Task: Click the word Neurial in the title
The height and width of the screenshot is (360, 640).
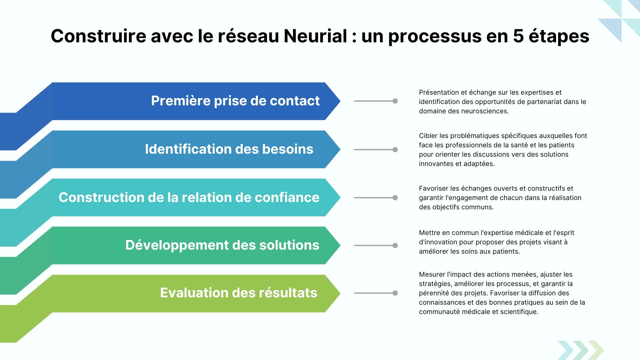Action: tap(315, 36)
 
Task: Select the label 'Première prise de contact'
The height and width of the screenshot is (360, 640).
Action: tap(235, 101)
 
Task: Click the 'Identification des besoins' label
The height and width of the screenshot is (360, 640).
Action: tap(229, 149)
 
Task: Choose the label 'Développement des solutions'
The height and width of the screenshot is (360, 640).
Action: tap(222, 245)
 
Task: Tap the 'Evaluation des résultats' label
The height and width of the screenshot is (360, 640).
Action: tap(239, 293)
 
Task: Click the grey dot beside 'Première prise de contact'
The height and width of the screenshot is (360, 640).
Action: tap(395, 101)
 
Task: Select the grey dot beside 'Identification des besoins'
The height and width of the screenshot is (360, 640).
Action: tap(395, 150)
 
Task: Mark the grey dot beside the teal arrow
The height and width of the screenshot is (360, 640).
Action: tap(395, 198)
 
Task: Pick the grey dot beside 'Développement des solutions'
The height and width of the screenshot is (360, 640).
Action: tap(395, 245)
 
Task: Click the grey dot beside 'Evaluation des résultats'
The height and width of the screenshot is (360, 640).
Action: tap(395, 293)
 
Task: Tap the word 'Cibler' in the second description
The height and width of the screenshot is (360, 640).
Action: tap(428, 136)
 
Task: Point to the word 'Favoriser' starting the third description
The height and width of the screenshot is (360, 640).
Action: tap(434, 188)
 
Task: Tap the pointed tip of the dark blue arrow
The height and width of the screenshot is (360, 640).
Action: tap(340, 101)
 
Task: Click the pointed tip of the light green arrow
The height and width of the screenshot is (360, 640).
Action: tap(340, 293)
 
